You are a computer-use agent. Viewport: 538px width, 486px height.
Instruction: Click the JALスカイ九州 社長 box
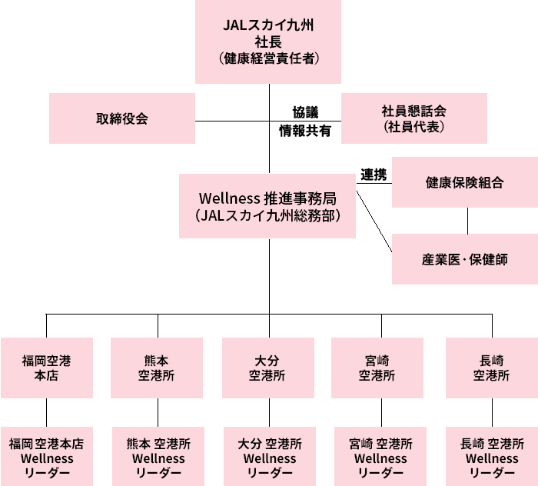pos(268,42)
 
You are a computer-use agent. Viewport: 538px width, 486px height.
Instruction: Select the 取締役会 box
pos(122,118)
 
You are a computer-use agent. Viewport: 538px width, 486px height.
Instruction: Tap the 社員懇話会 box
pos(413,118)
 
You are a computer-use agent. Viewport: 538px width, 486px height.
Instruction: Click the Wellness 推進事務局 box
pos(268,205)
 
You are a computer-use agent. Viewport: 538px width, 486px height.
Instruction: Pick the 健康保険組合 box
pos(464,183)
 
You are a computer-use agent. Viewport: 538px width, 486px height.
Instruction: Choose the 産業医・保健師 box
pos(464,259)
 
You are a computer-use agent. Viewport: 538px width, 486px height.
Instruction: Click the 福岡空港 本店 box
pos(47,368)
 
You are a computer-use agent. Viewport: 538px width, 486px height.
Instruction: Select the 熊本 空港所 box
pos(158,368)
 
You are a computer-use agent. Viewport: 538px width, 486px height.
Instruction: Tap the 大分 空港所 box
pos(269,368)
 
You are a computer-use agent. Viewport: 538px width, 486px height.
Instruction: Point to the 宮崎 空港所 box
pos(377,368)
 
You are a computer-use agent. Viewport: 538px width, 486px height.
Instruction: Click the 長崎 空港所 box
pos(492,368)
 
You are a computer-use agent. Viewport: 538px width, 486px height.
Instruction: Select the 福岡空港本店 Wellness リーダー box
pos(47,457)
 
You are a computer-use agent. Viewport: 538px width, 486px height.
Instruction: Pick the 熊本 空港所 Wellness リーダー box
pos(158,457)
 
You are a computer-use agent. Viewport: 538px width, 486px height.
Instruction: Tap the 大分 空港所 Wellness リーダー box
pos(269,457)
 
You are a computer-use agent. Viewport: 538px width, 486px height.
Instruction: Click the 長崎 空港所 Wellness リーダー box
pos(492,457)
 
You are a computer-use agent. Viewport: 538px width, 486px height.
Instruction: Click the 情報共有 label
pos(305,131)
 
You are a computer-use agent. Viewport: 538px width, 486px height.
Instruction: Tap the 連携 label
pos(374,175)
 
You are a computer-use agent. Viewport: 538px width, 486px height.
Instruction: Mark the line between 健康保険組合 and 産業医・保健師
pos(467,221)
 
